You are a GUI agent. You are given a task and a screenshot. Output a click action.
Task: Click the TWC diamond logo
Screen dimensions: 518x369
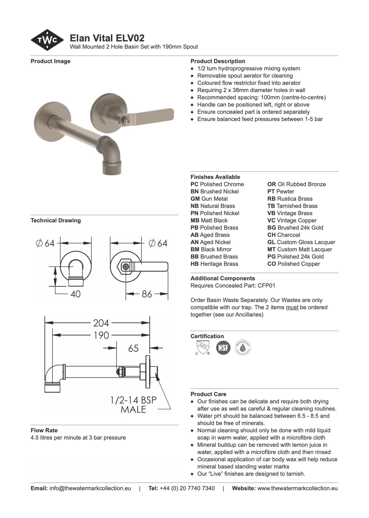(x=47, y=40)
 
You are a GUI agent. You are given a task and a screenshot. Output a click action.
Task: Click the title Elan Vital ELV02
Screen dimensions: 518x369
(x=107, y=38)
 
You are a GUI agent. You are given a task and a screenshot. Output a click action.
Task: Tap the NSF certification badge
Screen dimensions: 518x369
(x=223, y=347)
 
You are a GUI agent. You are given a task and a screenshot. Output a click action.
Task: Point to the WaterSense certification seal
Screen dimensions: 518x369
(x=243, y=347)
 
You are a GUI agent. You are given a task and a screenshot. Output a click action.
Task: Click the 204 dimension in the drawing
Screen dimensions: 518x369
(x=101, y=323)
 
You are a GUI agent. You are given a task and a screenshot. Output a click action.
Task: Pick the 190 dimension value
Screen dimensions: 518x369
(x=101, y=335)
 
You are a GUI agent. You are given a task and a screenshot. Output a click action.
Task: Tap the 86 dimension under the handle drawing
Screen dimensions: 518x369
(x=147, y=294)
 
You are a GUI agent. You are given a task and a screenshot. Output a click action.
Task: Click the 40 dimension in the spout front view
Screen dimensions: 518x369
(x=76, y=294)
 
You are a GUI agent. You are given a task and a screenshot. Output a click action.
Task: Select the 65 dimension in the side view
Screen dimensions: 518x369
(x=133, y=348)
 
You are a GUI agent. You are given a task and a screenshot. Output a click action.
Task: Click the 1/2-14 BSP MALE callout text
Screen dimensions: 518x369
(x=133, y=404)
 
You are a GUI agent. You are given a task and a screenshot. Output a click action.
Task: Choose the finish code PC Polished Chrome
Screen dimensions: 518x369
(x=217, y=184)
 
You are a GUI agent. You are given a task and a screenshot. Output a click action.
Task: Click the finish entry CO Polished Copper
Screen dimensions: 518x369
(x=293, y=264)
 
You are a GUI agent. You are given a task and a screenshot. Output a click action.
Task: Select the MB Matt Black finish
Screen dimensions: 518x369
(x=209, y=220)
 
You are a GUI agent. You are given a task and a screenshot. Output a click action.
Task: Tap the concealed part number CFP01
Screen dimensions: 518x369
(x=266, y=285)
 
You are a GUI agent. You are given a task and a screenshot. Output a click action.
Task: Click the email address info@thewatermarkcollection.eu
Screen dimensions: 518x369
(x=90, y=488)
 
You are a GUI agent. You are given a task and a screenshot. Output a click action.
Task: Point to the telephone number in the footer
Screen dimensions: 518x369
(x=187, y=488)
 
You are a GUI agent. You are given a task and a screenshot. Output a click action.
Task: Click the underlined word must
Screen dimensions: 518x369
(x=292, y=307)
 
